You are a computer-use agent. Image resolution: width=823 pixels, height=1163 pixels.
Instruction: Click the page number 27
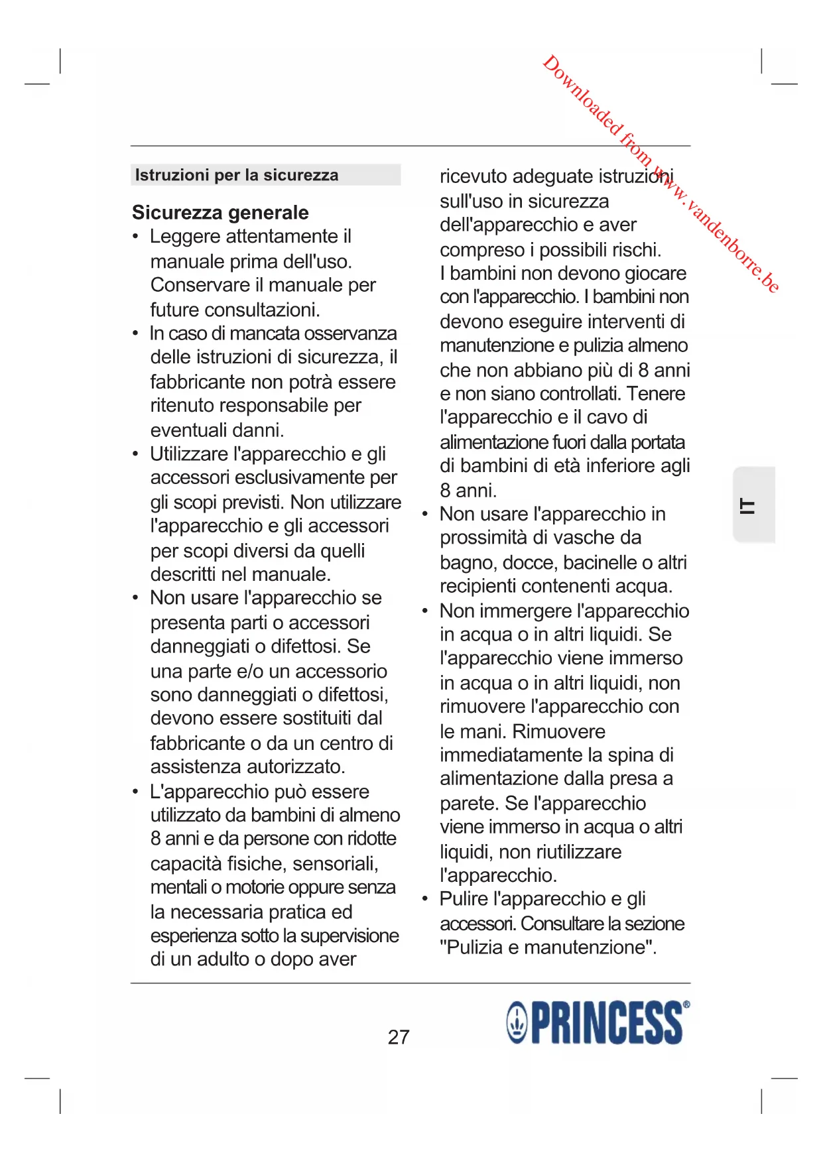(399, 1037)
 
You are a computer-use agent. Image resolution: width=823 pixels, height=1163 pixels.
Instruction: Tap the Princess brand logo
(598, 1023)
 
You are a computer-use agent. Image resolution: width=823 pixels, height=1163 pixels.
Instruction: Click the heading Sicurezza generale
(220, 212)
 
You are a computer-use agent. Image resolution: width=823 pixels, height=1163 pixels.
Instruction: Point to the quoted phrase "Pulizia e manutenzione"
(548, 948)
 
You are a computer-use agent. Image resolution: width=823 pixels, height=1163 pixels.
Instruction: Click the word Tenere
(656, 394)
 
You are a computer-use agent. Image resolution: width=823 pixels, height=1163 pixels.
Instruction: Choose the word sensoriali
(336, 864)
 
